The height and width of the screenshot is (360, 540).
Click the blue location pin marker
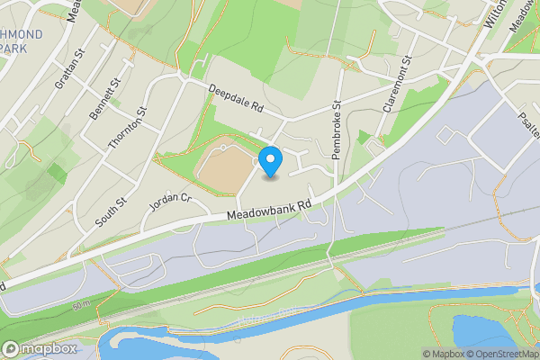click(x=270, y=162)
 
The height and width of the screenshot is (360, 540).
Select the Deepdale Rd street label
click(x=235, y=98)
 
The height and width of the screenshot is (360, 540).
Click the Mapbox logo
click(x=40, y=349)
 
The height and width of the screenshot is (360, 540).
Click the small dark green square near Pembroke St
click(x=364, y=138)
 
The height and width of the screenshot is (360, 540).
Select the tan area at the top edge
click(x=130, y=6)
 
